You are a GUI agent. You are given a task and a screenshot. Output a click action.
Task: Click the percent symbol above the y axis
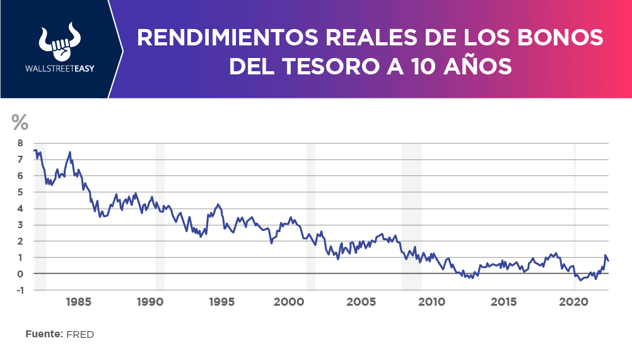click(20, 122)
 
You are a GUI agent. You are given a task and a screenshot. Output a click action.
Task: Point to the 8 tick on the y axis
click(20, 143)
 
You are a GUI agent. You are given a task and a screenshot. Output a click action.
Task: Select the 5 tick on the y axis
click(20, 192)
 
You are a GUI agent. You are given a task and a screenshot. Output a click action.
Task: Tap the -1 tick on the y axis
click(19, 290)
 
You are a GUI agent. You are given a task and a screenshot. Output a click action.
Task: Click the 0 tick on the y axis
click(20, 274)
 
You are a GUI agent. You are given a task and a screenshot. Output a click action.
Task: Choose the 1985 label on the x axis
click(78, 301)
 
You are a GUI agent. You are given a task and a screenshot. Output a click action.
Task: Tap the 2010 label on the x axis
click(433, 301)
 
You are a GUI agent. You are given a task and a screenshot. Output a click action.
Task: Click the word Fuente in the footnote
click(44, 334)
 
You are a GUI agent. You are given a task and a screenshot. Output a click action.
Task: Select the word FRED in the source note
click(80, 334)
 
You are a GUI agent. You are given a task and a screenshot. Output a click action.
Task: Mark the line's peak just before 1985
click(70, 152)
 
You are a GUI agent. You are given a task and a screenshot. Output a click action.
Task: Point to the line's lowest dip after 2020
click(581, 280)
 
